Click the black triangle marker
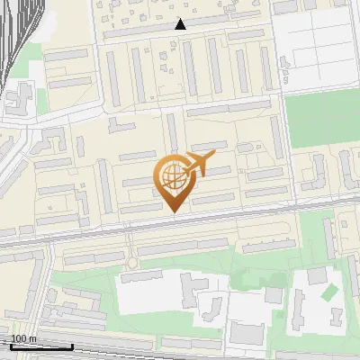pyautogui.click(x=180, y=24)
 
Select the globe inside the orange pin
pyautogui.click(x=173, y=174)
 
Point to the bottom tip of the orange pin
pyautogui.click(x=174, y=212)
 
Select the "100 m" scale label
pyautogui.click(x=23, y=338)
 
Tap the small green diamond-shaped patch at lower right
pyautogui.click(x=329, y=292)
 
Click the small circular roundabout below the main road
pyautogui.click(x=133, y=263)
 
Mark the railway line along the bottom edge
pyautogui.click(x=180, y=353)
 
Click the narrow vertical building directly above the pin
pyautogui.click(x=171, y=135)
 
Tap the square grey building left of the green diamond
pyautogui.click(x=316, y=274)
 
